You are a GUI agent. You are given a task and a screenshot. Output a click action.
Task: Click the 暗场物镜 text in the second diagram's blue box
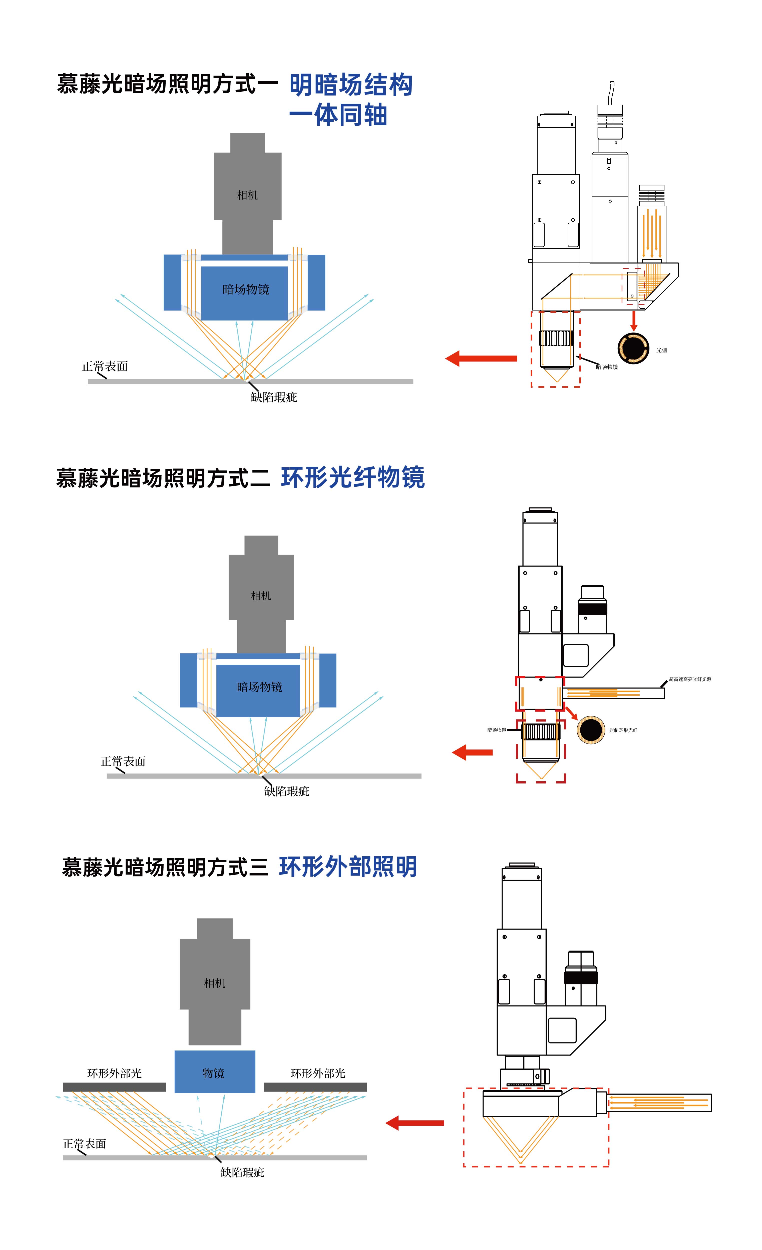(x=259, y=687)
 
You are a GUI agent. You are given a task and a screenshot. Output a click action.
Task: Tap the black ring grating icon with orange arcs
(x=633, y=348)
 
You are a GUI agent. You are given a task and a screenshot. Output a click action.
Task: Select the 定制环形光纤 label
(x=623, y=730)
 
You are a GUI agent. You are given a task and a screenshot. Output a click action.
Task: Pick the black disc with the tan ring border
(x=591, y=729)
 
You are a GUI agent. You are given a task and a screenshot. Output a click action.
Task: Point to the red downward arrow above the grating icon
(x=634, y=320)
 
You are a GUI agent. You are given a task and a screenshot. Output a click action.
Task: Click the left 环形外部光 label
(x=114, y=1073)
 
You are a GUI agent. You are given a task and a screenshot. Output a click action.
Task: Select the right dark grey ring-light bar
(x=315, y=1087)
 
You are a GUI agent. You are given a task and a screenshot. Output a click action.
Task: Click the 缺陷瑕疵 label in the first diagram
(x=274, y=397)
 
